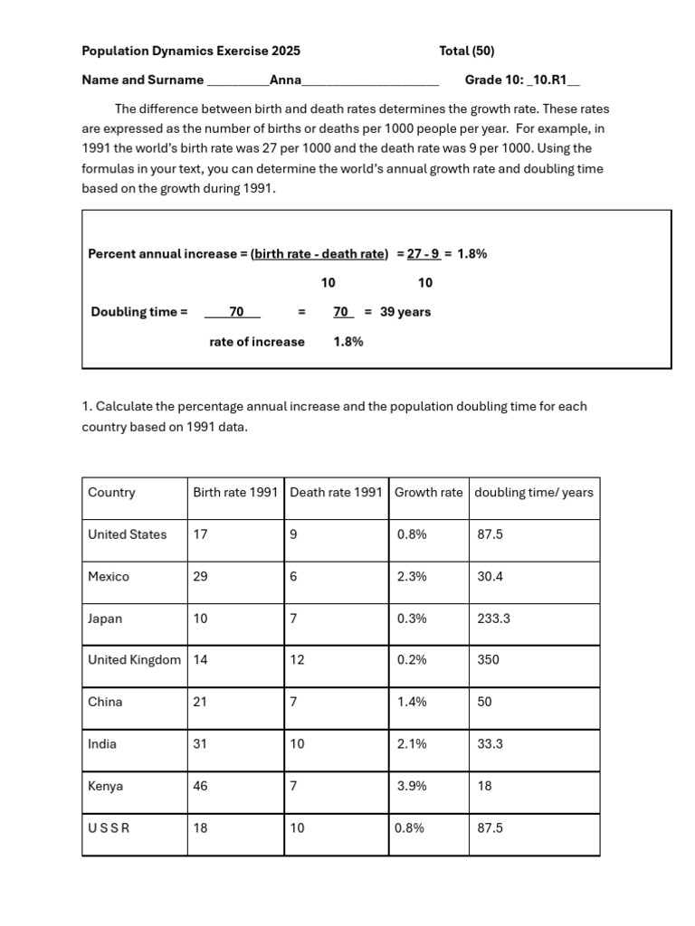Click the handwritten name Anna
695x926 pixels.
[286, 80]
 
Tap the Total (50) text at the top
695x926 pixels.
[467, 52]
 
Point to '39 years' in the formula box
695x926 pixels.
[405, 312]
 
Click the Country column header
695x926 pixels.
[111, 493]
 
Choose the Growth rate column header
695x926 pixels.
[428, 493]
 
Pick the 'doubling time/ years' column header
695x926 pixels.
[534, 493]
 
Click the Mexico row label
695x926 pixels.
[109, 577]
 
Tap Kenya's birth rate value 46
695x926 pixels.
[200, 787]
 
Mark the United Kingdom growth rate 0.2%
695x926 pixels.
[412, 660]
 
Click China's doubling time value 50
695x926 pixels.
[485, 703]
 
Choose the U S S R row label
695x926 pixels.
[109, 828]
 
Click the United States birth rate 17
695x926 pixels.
[200, 534]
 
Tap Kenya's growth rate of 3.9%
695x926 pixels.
[412, 787]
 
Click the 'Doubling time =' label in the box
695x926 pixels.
[139, 312]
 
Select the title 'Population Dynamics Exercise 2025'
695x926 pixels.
[191, 52]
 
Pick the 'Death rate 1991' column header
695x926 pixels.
[336, 493]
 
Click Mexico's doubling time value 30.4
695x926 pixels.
[490, 577]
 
